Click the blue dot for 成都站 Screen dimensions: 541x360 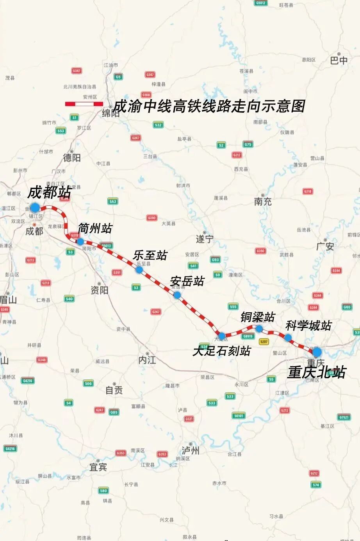click(x=35, y=207)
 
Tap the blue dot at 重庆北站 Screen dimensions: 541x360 click(x=317, y=352)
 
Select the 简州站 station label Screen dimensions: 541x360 click(x=95, y=228)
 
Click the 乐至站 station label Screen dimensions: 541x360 click(x=150, y=255)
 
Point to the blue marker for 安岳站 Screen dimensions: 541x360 click(x=177, y=295)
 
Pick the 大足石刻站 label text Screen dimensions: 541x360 click(x=221, y=351)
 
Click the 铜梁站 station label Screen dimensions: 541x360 click(x=258, y=317)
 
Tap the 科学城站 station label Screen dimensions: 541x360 click(x=308, y=326)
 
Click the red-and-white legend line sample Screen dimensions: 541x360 click(x=84, y=104)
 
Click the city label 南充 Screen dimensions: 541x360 click(x=263, y=202)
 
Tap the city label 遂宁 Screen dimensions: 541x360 click(x=205, y=239)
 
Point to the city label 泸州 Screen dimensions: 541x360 click(x=190, y=450)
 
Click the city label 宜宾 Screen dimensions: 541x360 click(x=98, y=467)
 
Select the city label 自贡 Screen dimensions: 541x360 click(x=114, y=390)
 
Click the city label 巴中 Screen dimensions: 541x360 click(x=339, y=61)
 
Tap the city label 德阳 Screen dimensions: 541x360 click(x=72, y=157)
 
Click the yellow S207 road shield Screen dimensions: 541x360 click(x=264, y=342)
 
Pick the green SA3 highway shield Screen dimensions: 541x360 click(x=113, y=201)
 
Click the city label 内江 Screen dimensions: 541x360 click(x=147, y=360)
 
